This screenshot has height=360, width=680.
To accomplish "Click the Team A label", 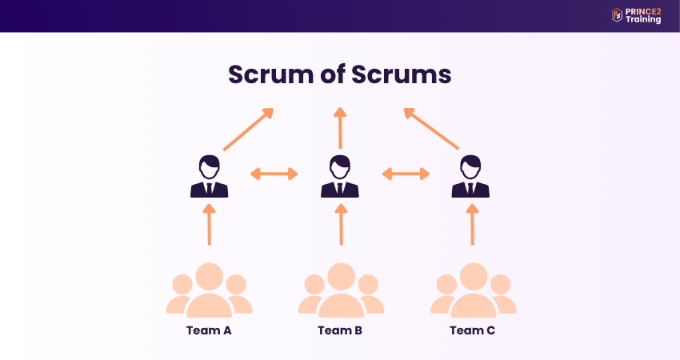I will pyautogui.click(x=209, y=330).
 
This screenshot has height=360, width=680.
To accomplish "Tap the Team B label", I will pyautogui.click(x=340, y=330).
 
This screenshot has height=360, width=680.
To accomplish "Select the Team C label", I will pyautogui.click(x=472, y=330).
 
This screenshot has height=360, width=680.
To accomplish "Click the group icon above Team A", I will pyautogui.click(x=209, y=290).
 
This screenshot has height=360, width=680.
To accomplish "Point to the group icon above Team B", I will pyautogui.click(x=341, y=290).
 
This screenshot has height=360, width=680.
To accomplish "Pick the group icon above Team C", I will pyautogui.click(x=473, y=290).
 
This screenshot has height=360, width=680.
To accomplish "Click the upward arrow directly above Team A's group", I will pyautogui.click(x=209, y=224).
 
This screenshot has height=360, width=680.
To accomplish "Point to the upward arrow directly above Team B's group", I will pyautogui.click(x=341, y=224).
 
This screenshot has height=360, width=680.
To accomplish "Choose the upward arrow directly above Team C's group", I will pyautogui.click(x=472, y=224).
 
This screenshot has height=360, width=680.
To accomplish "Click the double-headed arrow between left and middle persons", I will pyautogui.click(x=274, y=173).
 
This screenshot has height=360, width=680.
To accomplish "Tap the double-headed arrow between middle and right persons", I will pyautogui.click(x=406, y=173).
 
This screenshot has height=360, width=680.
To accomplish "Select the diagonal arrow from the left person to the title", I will pyautogui.click(x=248, y=129).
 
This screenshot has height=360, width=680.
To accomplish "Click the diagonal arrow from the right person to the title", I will pyautogui.click(x=431, y=129).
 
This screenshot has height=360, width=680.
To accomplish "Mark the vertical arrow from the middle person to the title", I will pyautogui.click(x=340, y=128).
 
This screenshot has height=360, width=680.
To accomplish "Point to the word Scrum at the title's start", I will pyautogui.click(x=269, y=74).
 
